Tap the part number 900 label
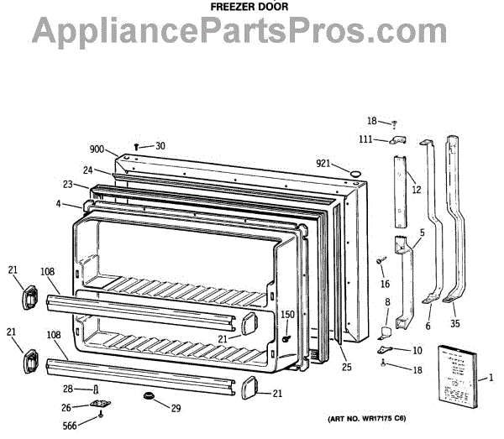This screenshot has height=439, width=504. click(97, 149)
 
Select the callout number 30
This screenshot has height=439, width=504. click(160, 145)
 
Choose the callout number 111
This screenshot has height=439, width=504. click(367, 139)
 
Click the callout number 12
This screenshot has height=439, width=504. click(415, 191)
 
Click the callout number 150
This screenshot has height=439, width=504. click(288, 315)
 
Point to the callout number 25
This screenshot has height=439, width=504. click(345, 365)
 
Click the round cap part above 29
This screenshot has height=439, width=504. click(151, 395)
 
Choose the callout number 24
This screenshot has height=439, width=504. click(87, 170)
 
